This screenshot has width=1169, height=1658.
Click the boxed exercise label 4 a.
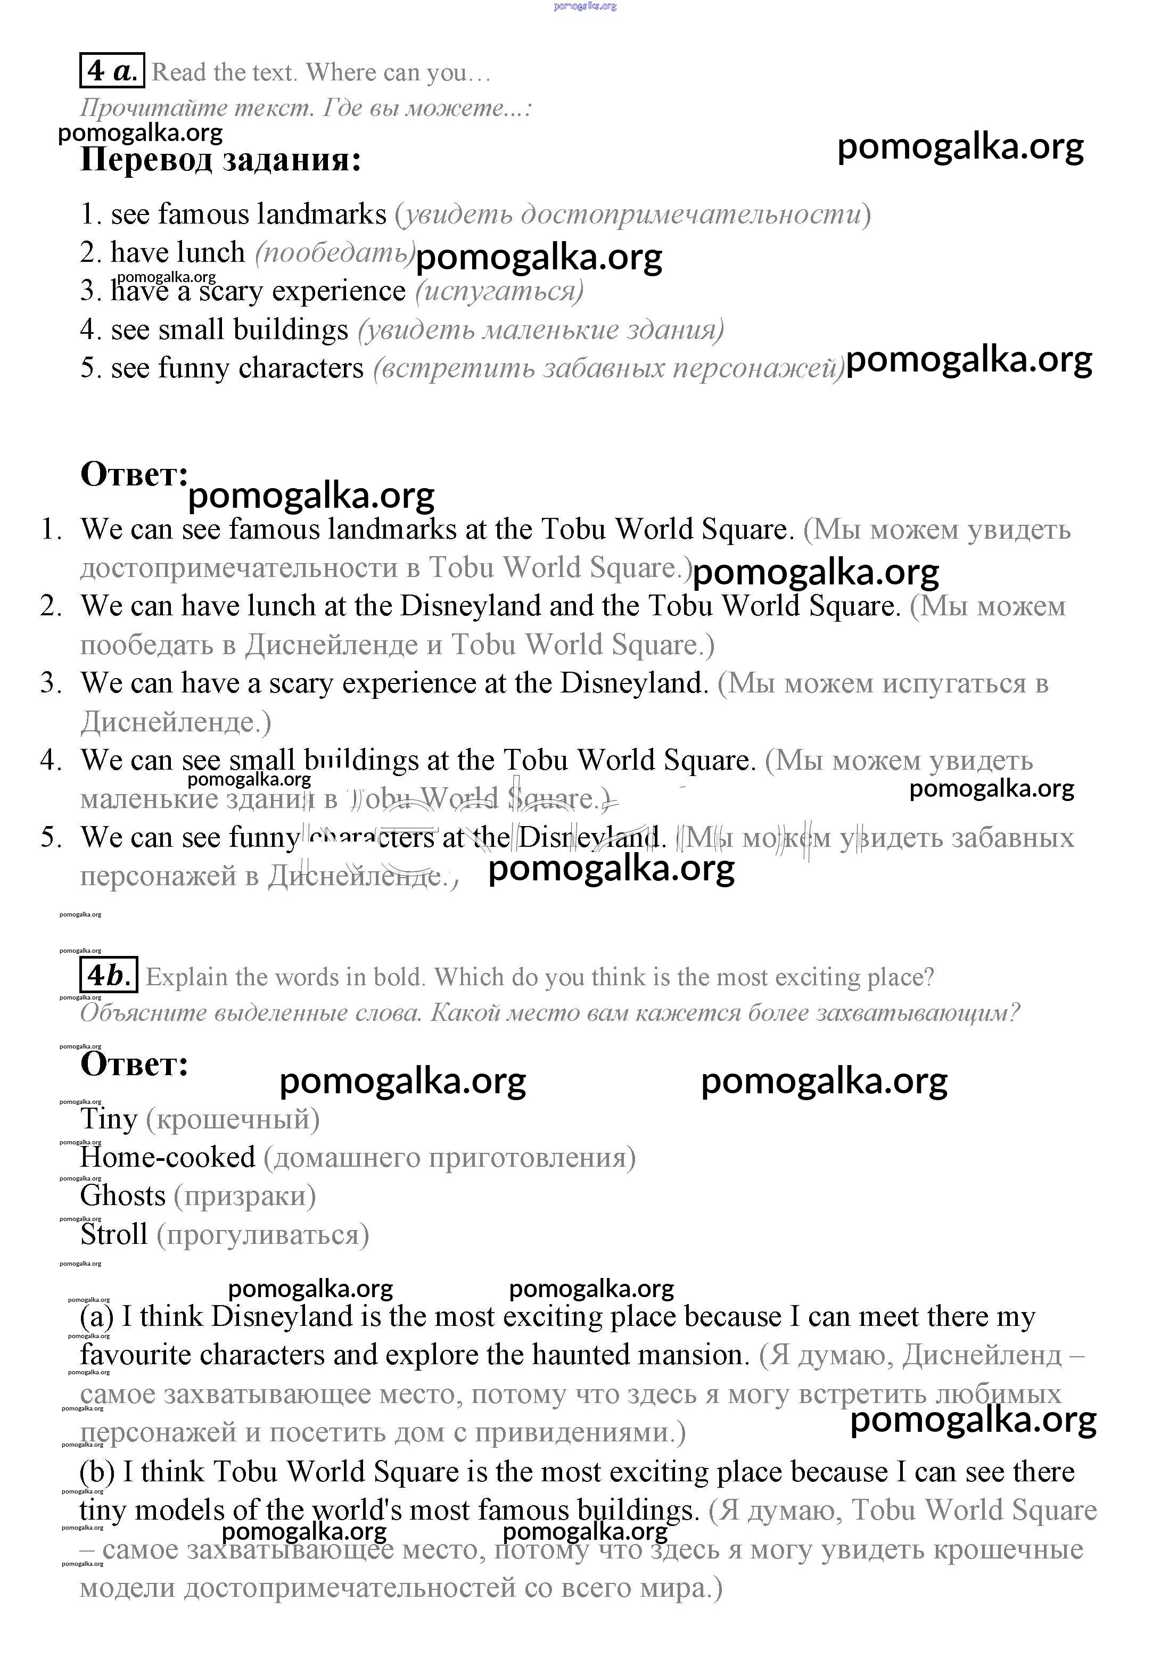click(112, 71)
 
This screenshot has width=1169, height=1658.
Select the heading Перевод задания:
click(220, 160)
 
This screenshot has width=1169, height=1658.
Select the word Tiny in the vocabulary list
click(108, 1119)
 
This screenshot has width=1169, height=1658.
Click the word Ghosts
click(123, 1196)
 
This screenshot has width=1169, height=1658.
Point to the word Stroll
click(113, 1234)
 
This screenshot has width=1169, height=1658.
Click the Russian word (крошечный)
click(233, 1119)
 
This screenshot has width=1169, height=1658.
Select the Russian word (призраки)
click(245, 1196)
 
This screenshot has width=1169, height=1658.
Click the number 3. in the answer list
click(51, 682)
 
